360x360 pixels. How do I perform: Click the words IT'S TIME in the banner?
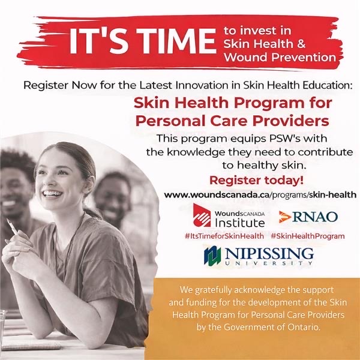[143, 41]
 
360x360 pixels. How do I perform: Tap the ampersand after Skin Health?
[301, 44]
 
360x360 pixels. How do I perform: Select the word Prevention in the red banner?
[304, 57]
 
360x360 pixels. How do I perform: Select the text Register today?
[256, 180]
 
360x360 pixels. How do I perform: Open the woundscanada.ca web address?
[260, 195]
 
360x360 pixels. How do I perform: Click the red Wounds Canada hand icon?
[202, 215]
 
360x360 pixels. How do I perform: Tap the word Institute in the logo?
[239, 223]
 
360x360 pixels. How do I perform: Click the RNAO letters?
[315, 217]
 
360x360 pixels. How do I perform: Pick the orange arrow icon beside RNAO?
[284, 217]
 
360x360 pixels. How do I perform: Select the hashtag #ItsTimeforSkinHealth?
[224, 236]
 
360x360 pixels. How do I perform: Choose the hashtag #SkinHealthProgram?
[308, 236]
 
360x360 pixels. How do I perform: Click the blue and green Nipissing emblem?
[212, 256]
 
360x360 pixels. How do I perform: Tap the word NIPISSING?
[269, 254]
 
